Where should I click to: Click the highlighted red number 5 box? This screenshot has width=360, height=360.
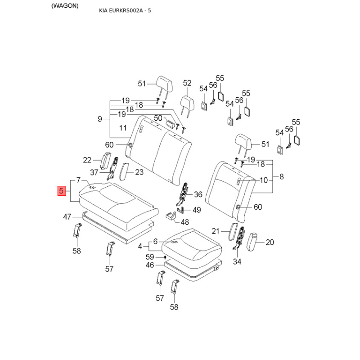pos(61,190)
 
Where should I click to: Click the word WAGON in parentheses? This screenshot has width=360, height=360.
pos(65,6)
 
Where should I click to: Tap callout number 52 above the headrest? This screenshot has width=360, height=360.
pos(187,83)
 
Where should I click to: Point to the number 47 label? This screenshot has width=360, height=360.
pos(67,217)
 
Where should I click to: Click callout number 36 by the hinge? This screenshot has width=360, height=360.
pos(198,195)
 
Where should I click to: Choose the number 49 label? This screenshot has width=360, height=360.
pos(197,210)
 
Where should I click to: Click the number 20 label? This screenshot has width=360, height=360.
pos(270,243)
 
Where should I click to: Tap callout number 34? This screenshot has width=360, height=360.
pos(237,261)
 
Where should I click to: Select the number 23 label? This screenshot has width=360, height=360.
pos(139,171)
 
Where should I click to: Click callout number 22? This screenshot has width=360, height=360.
pos(87,160)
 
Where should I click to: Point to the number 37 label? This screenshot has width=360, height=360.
pos(94,172)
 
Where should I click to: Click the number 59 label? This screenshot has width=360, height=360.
pos(150,257)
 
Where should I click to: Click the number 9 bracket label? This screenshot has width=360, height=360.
pos(99,119)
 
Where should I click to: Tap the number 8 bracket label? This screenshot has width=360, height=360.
pos(282,177)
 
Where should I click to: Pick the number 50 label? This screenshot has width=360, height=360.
pos(158,118)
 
